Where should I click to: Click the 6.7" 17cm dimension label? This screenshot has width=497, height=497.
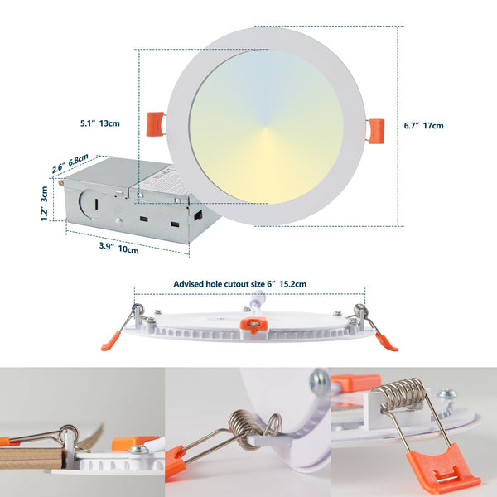(423, 126)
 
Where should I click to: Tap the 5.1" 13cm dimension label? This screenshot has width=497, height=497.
(99, 123)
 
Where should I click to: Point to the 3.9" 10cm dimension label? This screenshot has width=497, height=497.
(118, 247)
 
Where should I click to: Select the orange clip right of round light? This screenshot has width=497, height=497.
(375, 130)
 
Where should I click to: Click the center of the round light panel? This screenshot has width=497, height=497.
(266, 127)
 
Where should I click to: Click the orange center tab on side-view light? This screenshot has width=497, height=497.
(253, 326)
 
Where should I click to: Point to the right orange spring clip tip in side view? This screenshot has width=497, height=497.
(386, 341)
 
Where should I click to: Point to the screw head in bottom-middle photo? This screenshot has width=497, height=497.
(319, 381)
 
